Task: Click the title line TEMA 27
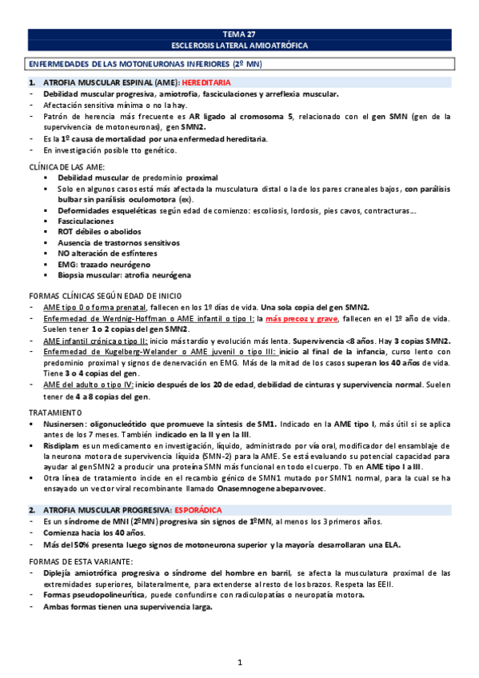(x=239, y=34)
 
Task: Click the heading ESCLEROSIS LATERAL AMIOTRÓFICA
(x=239, y=46)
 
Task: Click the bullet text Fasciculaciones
(x=86, y=220)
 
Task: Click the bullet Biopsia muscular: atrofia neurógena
(x=125, y=275)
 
